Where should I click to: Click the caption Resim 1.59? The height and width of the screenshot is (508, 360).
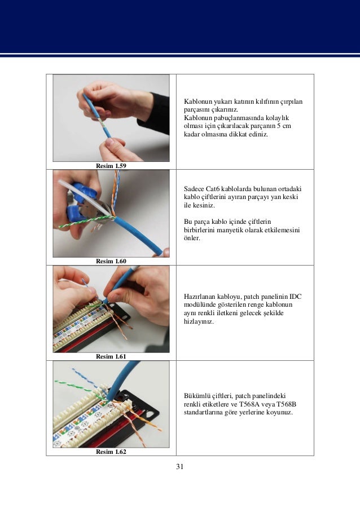tap(111, 166)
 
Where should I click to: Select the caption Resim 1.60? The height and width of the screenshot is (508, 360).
tap(111, 261)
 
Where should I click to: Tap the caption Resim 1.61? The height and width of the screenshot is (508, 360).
tap(111, 356)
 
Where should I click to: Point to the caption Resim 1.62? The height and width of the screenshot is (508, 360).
tap(111, 451)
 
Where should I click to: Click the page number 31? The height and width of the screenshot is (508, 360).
tap(180, 466)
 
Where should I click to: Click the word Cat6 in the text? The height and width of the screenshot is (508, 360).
tap(212, 188)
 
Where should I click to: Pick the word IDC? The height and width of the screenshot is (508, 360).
tap(295, 296)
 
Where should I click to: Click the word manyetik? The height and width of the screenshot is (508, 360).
tap(229, 230)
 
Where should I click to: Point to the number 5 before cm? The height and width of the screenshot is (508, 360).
tap(279, 126)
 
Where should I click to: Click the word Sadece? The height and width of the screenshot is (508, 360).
tap(194, 188)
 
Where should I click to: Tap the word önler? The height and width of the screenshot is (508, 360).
tap(192, 238)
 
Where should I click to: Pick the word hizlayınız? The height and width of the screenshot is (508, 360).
tap(199, 321)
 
